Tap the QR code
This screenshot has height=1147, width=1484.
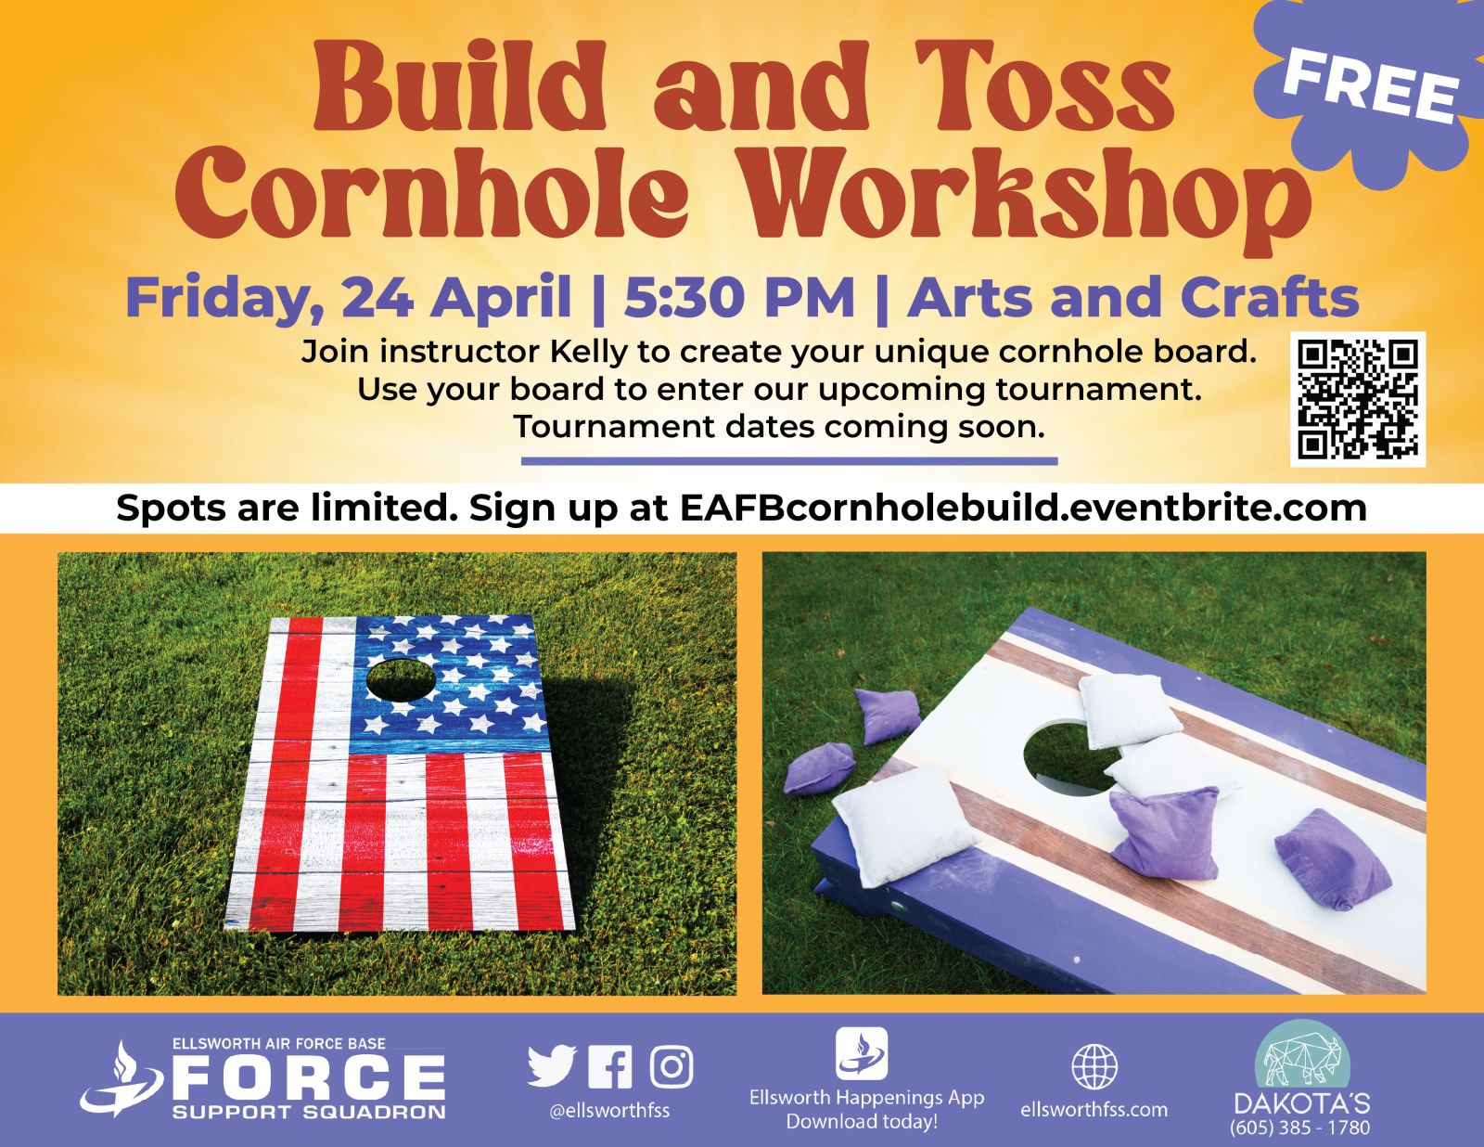point(1358,400)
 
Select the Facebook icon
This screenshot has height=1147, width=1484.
point(610,1066)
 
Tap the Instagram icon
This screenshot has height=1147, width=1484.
point(672,1066)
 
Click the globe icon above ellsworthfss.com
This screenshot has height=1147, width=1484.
point(1094,1066)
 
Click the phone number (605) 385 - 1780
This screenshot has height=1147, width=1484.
point(1300,1128)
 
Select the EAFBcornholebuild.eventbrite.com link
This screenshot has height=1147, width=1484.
point(1023,509)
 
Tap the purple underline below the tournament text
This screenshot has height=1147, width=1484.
point(788,462)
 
